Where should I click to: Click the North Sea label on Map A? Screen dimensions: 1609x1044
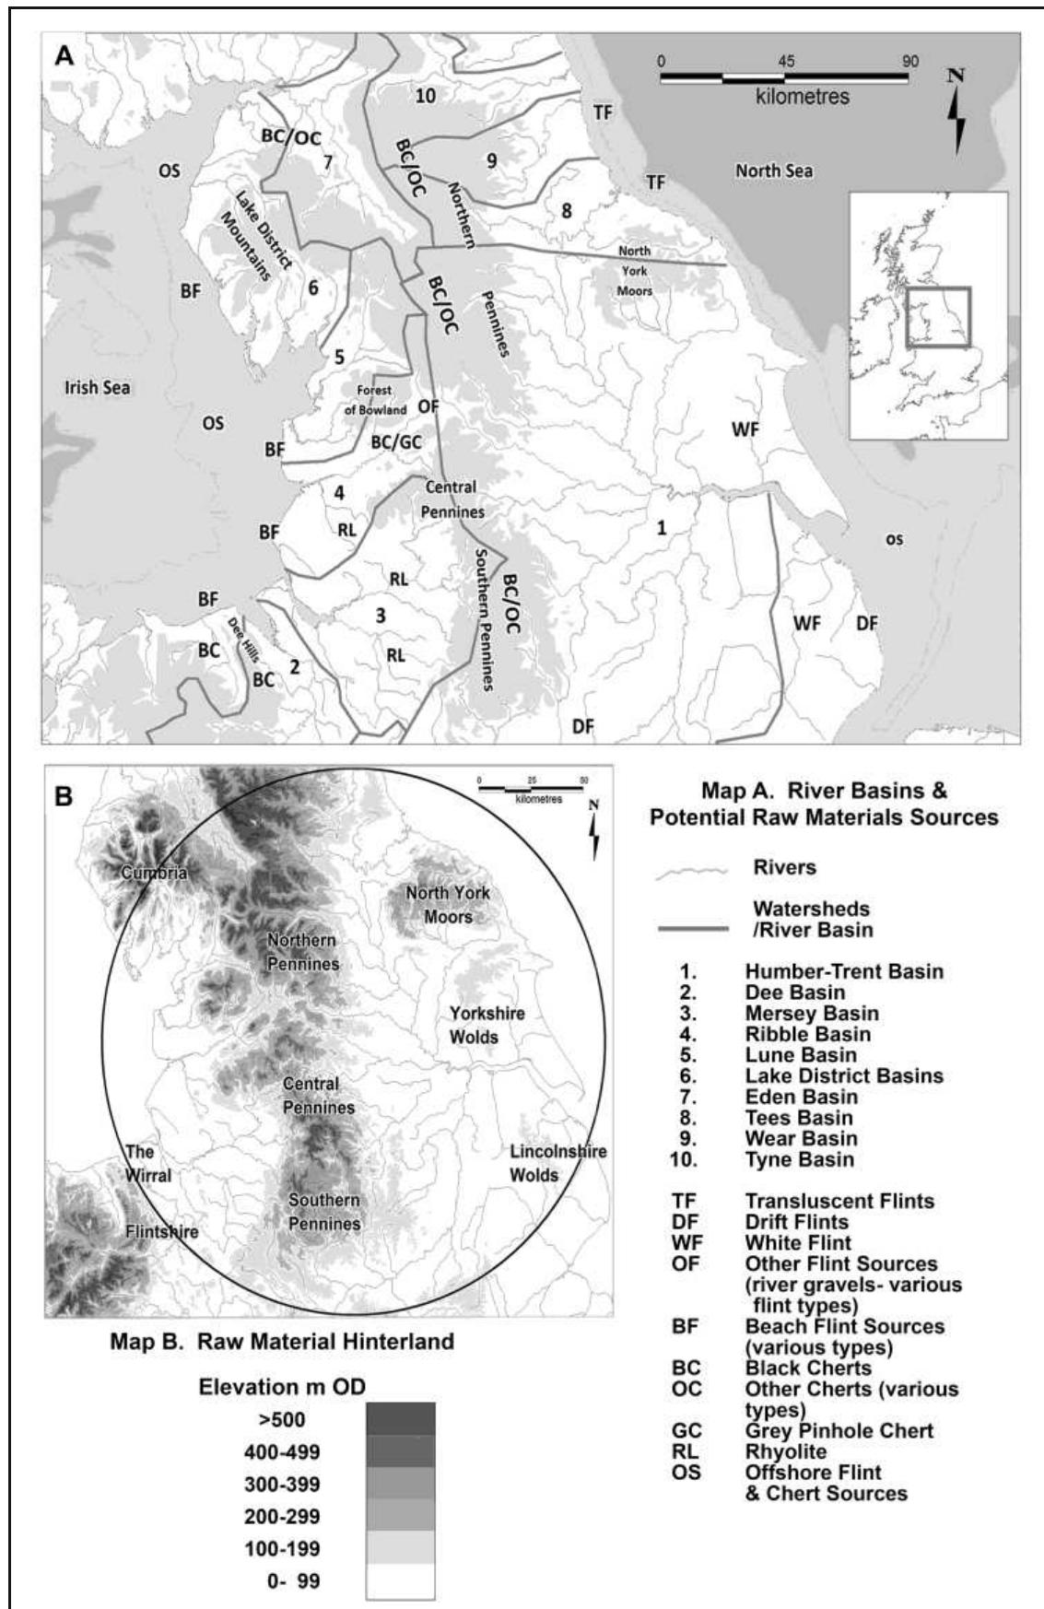point(774,170)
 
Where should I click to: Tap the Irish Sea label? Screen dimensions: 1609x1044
point(97,388)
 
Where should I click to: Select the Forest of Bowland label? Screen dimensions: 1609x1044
point(375,400)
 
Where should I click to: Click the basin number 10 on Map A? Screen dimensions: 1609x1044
point(425,95)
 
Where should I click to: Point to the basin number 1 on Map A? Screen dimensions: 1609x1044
point(661,528)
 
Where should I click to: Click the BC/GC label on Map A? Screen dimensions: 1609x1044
point(396,443)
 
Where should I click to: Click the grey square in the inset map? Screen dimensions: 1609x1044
point(937,317)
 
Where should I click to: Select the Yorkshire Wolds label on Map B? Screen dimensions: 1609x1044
point(487,1025)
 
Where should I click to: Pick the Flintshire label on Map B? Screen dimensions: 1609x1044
point(161,1231)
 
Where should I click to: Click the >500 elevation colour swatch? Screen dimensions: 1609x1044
point(400,1418)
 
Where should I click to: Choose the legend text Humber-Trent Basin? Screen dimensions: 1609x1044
point(843,971)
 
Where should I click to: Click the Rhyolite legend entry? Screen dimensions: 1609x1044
point(785,1451)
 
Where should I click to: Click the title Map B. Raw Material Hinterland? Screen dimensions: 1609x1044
point(282,1341)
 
